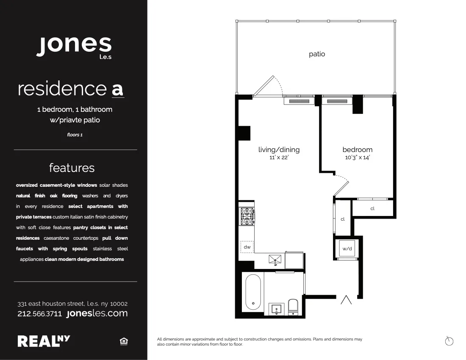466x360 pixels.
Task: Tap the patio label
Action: (x=317, y=54)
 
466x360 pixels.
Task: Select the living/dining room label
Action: (x=279, y=150)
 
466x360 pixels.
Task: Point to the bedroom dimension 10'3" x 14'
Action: (x=358, y=158)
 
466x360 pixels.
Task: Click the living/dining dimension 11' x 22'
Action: (x=279, y=158)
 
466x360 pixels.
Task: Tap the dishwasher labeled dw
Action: (x=247, y=247)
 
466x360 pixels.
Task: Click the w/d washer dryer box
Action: (x=347, y=249)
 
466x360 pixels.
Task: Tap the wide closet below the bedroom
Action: (x=372, y=208)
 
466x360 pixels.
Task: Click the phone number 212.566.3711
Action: (x=39, y=314)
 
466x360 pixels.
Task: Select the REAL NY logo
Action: (x=44, y=341)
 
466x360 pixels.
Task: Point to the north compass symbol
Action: (x=449, y=341)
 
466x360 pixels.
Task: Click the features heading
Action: (x=72, y=168)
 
